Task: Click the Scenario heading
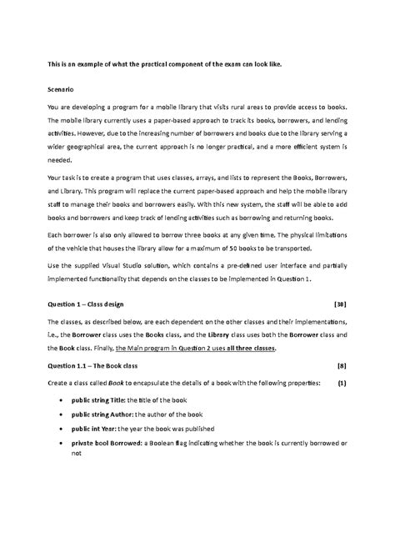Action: tap(61, 87)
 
